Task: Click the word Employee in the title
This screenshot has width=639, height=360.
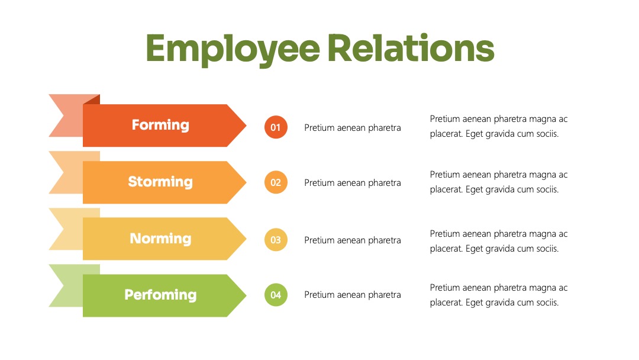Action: point(233,49)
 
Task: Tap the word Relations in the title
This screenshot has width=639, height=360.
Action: point(411,48)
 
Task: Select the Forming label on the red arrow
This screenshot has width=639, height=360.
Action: point(160,125)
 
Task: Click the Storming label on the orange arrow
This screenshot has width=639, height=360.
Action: point(160,181)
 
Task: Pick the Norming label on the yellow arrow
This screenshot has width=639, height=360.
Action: point(160,238)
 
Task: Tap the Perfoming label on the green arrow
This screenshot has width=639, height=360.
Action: point(160,294)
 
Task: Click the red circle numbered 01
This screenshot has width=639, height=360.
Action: point(276,127)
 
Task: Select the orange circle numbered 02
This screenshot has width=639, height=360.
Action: point(276,182)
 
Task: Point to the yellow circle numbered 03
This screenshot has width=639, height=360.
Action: point(276,240)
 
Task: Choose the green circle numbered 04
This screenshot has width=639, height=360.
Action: point(276,295)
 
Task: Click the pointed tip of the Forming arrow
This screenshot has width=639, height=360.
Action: point(246,126)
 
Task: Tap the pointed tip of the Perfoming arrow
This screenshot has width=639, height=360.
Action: point(246,295)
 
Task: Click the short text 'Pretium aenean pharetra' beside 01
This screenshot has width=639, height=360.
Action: point(353,128)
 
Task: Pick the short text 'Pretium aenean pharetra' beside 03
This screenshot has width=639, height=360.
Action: point(353,240)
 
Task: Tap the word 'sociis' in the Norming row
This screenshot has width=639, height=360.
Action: point(546,248)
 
